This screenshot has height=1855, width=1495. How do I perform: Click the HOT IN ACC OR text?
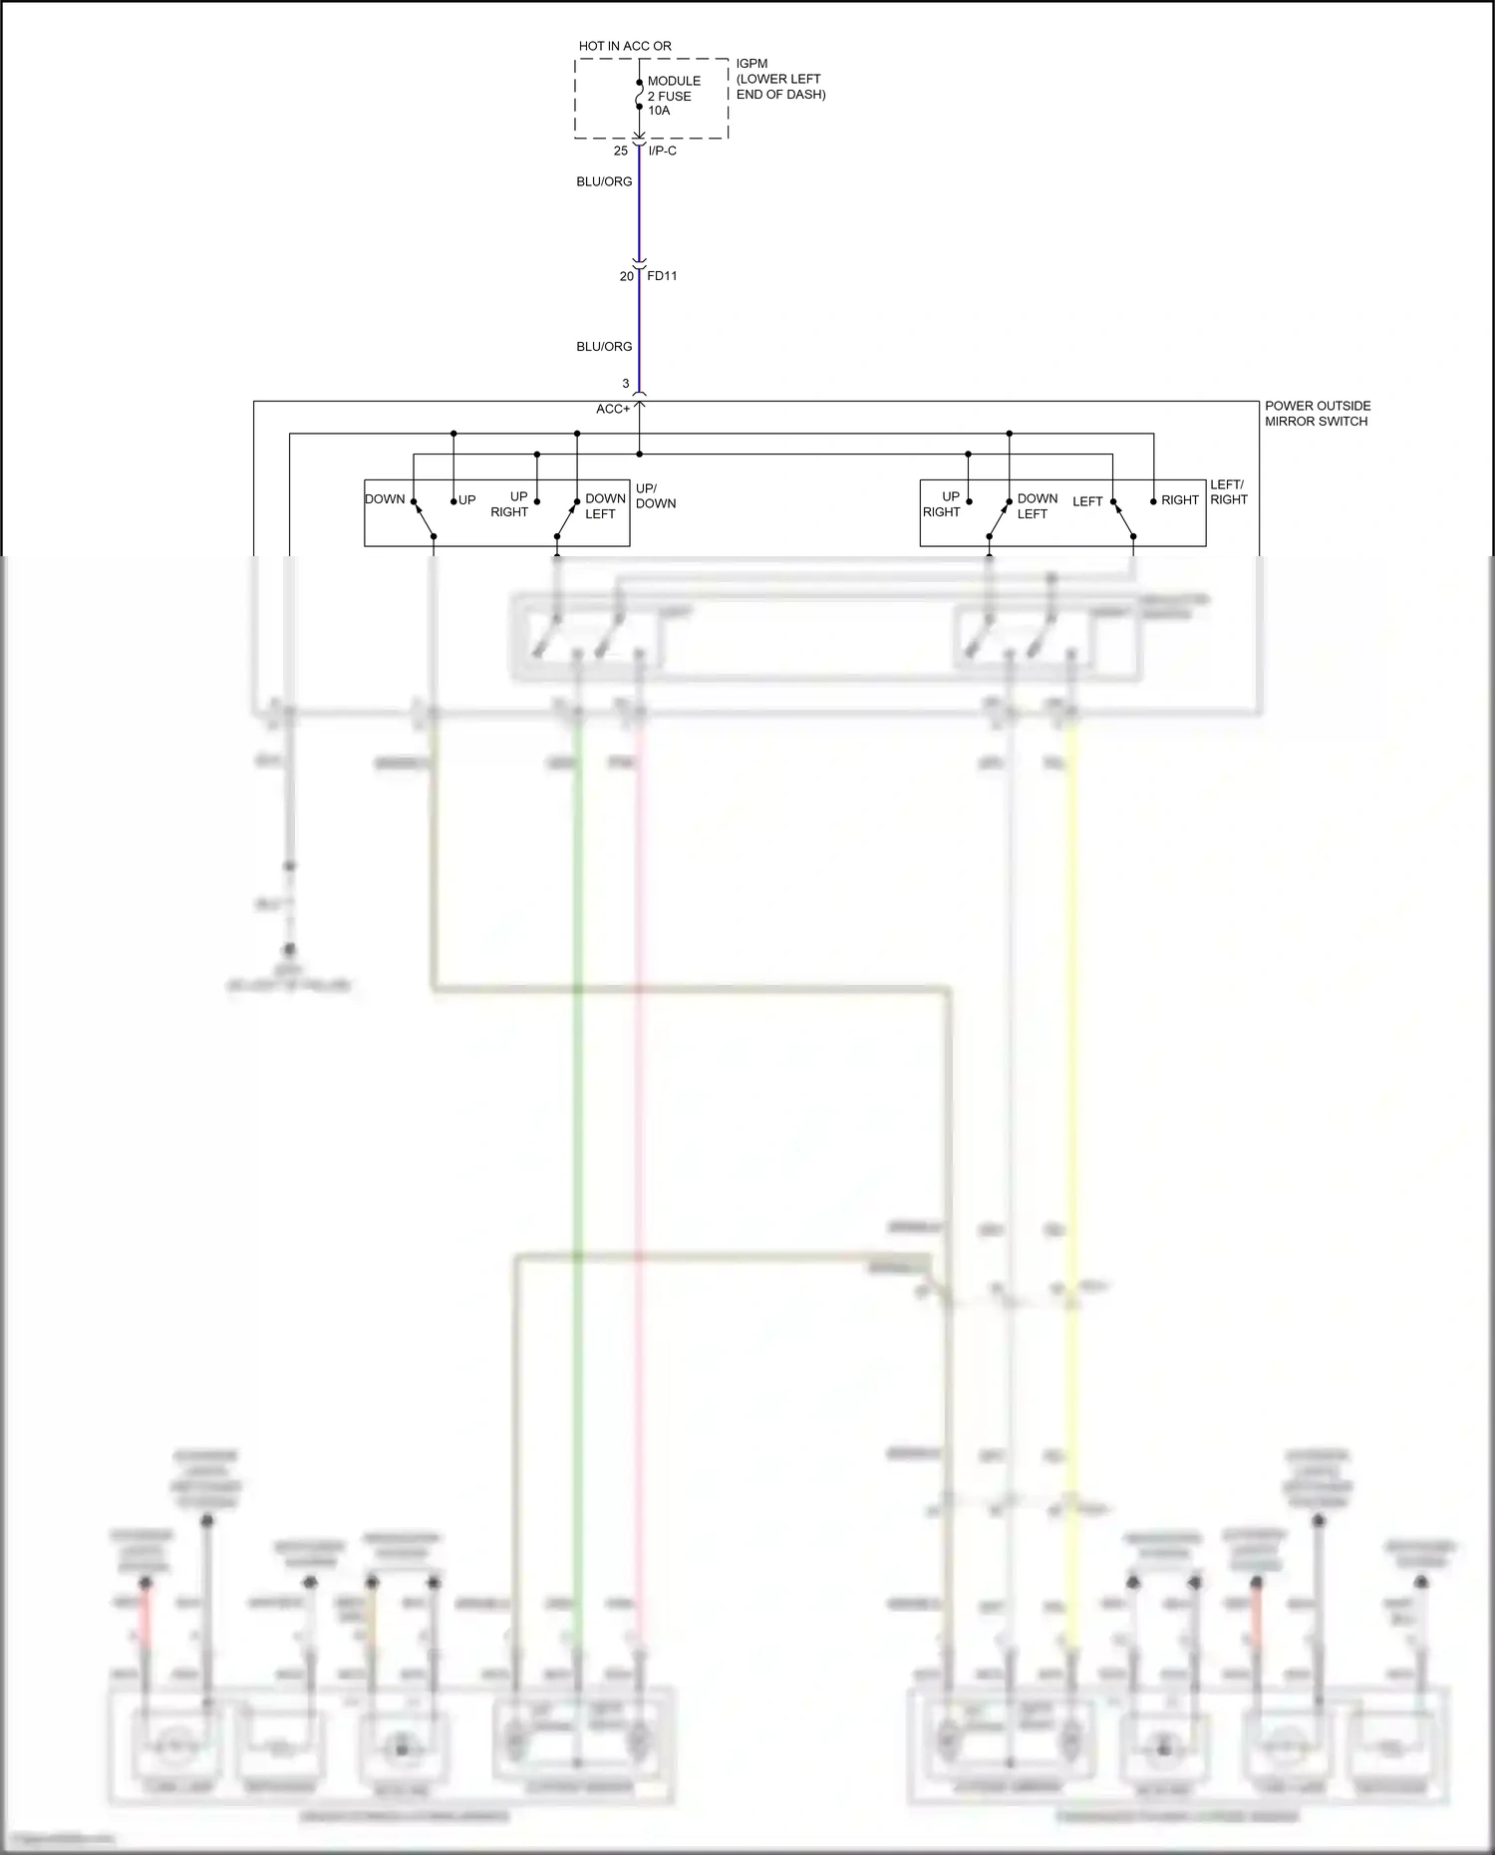[625, 46]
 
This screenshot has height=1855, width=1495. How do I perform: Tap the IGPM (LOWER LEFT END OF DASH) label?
[780, 79]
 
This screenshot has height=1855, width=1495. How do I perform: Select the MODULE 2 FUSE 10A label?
[674, 96]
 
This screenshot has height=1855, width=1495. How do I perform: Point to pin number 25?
[621, 151]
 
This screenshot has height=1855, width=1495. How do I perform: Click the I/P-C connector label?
[663, 151]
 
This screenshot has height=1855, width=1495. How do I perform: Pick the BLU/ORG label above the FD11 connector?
[604, 181]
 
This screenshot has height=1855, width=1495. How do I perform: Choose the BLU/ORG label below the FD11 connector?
[604, 347]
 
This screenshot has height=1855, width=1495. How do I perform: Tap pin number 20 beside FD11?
[626, 276]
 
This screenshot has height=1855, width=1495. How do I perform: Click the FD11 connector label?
[662, 276]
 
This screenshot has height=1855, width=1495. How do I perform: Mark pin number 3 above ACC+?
[626, 384]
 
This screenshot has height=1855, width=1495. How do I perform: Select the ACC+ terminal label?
[613, 409]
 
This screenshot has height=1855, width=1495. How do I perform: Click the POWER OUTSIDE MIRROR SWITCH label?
[1318, 414]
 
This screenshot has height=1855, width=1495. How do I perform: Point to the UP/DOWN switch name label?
[655, 495]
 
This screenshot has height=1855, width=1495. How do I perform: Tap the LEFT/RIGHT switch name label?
[1228, 492]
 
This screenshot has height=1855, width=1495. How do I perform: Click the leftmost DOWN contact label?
[385, 499]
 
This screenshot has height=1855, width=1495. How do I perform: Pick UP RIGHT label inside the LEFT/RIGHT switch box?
[942, 503]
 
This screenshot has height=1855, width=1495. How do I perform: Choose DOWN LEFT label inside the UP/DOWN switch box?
[604, 505]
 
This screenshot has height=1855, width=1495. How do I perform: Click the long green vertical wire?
[577, 1096]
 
